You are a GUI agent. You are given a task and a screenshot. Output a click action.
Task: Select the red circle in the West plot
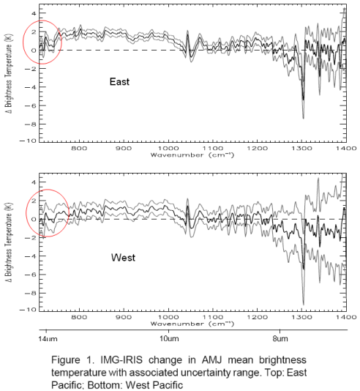pyautogui.click(x=45, y=214)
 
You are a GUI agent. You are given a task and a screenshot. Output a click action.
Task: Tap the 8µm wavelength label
pyautogui.click(x=280, y=340)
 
